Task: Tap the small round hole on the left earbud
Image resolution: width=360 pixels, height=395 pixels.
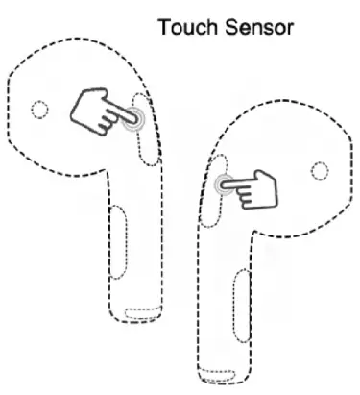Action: tap(38, 109)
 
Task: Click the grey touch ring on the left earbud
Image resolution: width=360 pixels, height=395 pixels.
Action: tap(133, 120)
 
